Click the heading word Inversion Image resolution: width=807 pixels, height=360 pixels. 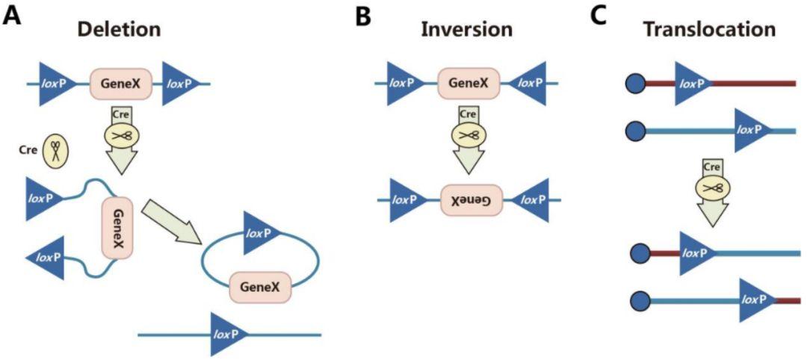(x=466, y=29)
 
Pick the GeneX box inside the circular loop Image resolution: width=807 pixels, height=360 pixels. (x=261, y=287)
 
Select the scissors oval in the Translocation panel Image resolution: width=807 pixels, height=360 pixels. (x=714, y=187)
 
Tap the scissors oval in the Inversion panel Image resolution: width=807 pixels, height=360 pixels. (x=467, y=134)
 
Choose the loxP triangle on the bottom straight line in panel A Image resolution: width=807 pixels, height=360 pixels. (x=229, y=335)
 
